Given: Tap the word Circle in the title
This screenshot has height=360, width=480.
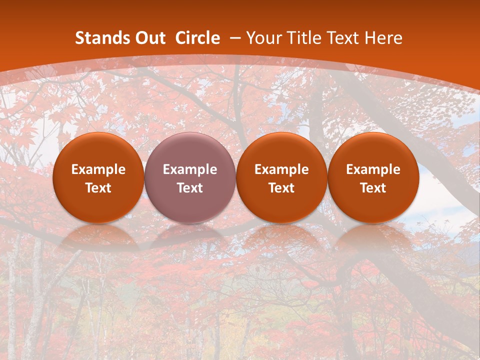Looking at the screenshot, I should [197, 38].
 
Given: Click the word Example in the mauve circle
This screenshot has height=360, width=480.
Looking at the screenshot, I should [190, 169].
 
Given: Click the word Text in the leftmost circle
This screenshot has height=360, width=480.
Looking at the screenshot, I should [98, 188].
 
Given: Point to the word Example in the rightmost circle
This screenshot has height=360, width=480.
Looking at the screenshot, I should [373, 169].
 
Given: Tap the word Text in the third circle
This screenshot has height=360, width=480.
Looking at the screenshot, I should [281, 188].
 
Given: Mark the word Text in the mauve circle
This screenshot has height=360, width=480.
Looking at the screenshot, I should [190, 188].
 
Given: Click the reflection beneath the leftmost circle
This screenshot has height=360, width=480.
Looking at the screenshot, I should [98, 237].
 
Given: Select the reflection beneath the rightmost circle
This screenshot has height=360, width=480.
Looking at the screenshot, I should [373, 237].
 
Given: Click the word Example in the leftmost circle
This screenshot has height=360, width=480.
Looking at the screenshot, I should [98, 169].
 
